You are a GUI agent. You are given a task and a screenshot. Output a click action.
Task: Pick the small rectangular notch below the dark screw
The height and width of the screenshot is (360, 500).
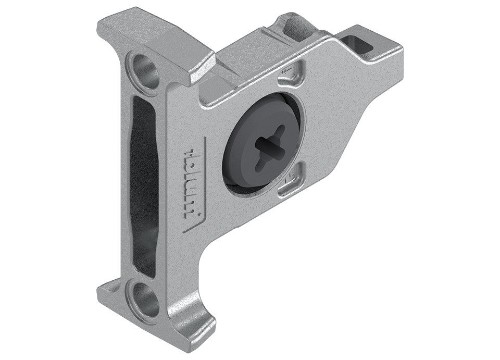tap(290, 185)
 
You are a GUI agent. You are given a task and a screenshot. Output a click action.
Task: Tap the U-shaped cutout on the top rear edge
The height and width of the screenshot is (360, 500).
tap(292, 26)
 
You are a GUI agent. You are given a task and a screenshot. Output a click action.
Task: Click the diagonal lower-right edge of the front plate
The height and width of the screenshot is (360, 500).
tap(344, 151)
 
